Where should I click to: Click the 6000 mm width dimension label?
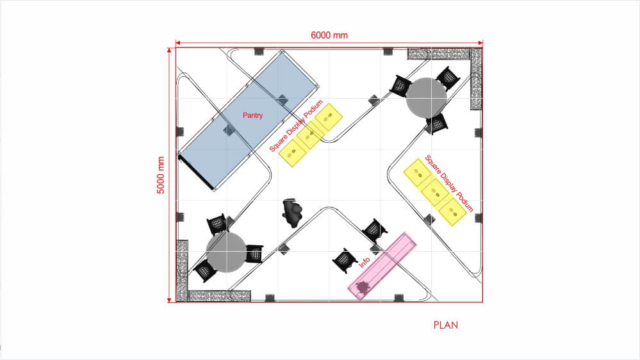329,35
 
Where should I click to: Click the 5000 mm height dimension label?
161,175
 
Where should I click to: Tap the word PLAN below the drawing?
446,325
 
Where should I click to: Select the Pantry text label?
252,115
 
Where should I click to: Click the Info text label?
364,262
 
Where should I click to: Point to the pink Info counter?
382,266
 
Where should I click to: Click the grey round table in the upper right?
426,98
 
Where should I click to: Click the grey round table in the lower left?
226,252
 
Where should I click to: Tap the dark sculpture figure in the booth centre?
292,213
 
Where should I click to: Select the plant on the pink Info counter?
361,288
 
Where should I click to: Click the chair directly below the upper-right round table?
437,124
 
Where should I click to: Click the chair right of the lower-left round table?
254,254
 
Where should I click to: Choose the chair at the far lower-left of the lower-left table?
204,270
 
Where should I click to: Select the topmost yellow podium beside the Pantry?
328,118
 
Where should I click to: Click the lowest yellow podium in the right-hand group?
453,212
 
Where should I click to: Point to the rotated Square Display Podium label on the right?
449,184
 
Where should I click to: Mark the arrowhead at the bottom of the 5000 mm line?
169,300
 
